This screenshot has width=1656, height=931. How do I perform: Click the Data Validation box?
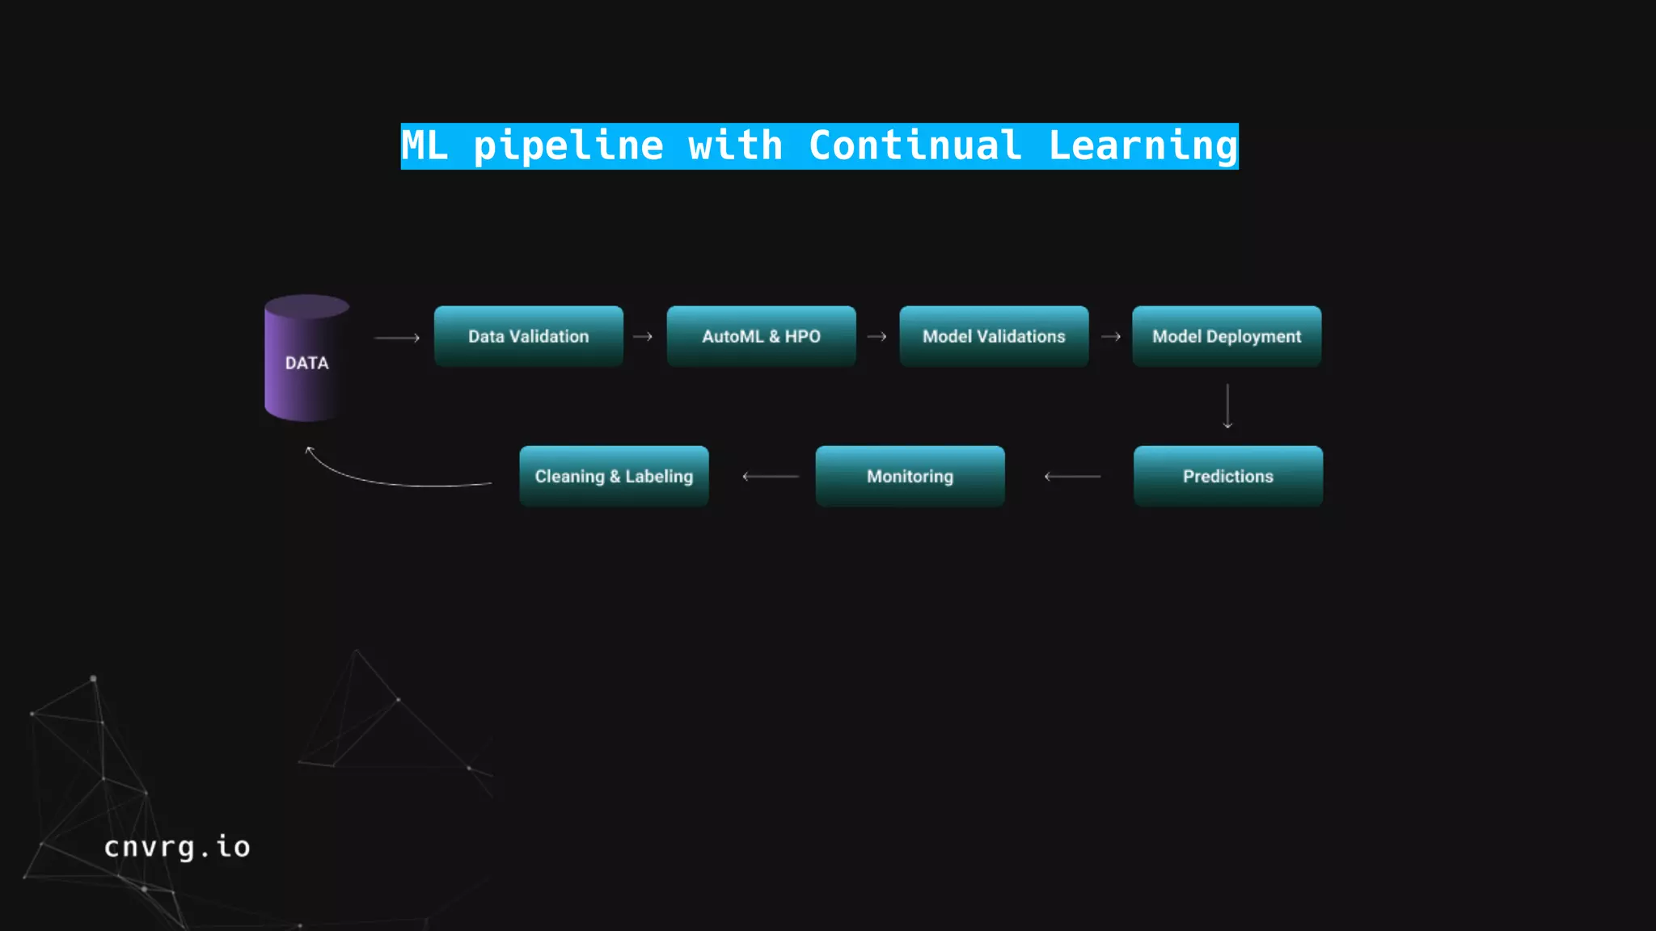pos(528,336)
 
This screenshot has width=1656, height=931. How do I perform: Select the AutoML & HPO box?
pos(761,336)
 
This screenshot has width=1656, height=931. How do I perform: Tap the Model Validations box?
pos(994,336)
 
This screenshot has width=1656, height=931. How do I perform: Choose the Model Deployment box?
pos(1227,336)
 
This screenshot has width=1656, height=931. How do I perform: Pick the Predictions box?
pos(1227,476)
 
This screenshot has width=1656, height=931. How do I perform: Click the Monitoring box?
pos(910,476)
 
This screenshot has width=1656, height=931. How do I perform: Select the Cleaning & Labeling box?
pos(614,476)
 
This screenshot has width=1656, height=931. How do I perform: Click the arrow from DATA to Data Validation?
pos(397,338)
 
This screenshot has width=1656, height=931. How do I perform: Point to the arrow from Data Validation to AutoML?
pos(643,337)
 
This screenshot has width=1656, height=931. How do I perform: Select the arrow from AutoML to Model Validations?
pos(877,337)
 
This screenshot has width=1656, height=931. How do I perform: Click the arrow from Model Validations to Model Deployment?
pos(1110,337)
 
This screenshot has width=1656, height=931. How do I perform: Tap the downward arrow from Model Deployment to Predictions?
pos(1227,406)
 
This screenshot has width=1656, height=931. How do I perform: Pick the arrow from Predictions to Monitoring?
pos(1072,477)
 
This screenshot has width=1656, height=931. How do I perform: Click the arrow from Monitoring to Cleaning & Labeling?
pos(771,477)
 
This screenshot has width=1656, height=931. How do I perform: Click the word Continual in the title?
pos(915,146)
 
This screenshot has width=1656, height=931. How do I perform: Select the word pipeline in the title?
pos(568,146)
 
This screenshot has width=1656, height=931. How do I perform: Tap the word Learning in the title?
pos(1143,146)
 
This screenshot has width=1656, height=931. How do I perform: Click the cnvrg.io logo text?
pos(177,847)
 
